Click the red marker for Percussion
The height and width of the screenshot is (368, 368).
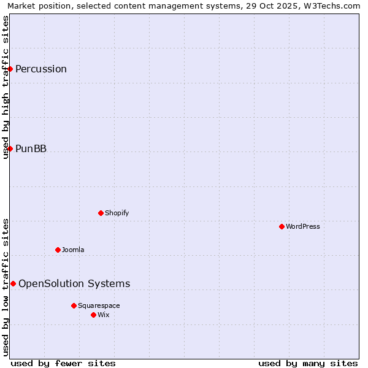point(10,69)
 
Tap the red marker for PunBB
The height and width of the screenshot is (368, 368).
point(10,148)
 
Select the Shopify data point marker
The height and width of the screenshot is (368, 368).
point(101,213)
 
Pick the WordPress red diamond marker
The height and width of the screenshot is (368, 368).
point(282,226)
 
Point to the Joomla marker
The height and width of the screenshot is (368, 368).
point(58,250)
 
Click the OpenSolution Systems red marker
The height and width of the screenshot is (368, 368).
point(13,283)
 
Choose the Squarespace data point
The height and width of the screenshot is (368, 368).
point(74,305)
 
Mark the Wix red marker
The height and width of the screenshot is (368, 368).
point(93,315)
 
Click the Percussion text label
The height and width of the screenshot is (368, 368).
point(41,69)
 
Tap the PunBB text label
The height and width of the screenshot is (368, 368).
point(31,148)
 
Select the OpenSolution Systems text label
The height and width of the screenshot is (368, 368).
point(74,283)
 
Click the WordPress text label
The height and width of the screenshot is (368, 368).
point(303,226)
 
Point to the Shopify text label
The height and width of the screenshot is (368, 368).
point(117,213)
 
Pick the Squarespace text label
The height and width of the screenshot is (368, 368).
point(99,305)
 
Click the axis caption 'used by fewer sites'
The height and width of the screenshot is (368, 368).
point(63,363)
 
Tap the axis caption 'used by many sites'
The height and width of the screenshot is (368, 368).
point(308,363)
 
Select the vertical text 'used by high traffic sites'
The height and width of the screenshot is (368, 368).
point(6,87)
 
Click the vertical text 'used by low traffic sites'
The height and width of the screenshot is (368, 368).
point(6,287)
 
